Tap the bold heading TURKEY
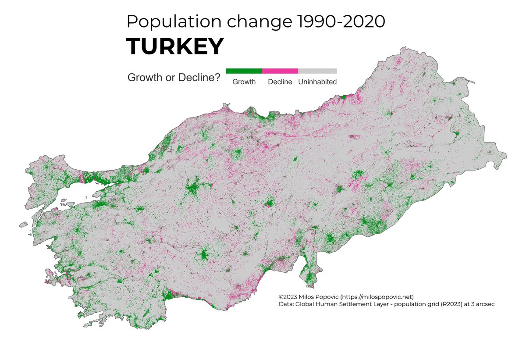click(x=175, y=46)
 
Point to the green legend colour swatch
click(x=244, y=71)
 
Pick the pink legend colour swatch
click(x=280, y=71)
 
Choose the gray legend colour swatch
click(x=317, y=71)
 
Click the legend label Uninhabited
click(x=317, y=82)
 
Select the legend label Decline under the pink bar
click(x=280, y=82)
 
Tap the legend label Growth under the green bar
click(x=244, y=82)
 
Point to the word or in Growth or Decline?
click(x=169, y=78)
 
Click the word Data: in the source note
click(x=287, y=304)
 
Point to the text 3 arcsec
click(x=480, y=304)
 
